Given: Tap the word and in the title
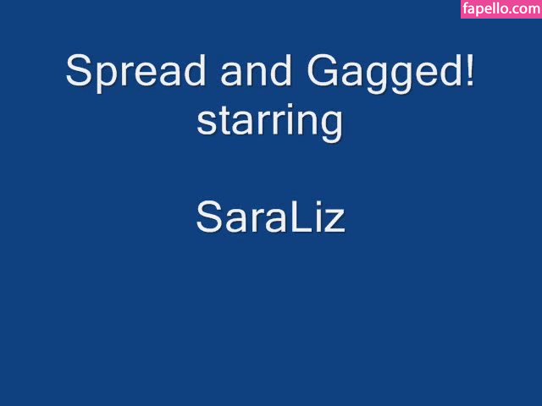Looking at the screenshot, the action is pos(256,70).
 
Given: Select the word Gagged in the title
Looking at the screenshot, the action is pos(384,74).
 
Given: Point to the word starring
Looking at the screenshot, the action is pos(269,123).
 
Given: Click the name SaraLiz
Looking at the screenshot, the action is pos(271,217).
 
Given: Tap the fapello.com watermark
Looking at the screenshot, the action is pos(501,8).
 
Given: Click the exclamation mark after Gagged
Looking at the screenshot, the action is pos(470,70).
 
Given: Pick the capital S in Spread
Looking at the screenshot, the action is pos(79,70).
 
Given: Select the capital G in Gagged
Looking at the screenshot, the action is pos(322,70).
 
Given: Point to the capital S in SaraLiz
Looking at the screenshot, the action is pos(209,217).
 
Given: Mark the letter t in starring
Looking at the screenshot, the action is pos(223,121).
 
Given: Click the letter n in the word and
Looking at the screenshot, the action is pos(256,74).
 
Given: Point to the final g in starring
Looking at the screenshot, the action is pos(332,127).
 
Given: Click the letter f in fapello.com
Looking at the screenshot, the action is pos(465,8).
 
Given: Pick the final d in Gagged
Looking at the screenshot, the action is pos(451,70).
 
